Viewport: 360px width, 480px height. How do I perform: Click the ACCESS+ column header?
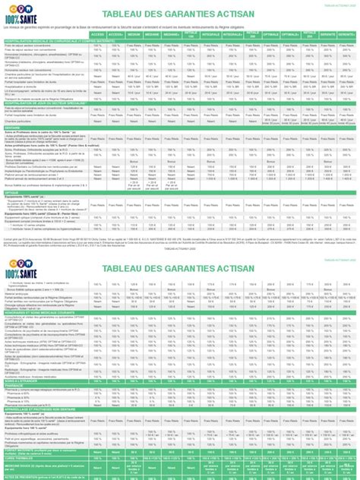(115, 35)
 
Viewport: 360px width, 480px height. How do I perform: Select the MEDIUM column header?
(134, 35)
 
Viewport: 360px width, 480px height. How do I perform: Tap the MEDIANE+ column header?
(172, 35)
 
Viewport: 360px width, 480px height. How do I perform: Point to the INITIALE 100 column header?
(191, 35)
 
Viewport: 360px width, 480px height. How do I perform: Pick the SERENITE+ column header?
(348, 35)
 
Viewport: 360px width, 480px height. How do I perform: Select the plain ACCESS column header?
(97, 35)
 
